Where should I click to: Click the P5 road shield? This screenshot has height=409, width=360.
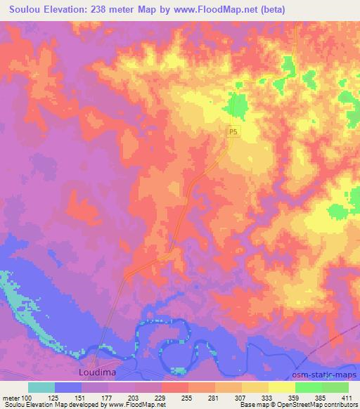[x=233, y=131]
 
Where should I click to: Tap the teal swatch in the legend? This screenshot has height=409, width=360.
[x=41, y=387]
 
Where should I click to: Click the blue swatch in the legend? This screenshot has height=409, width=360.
[x=68, y=387]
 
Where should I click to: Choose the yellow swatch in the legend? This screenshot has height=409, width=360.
[x=282, y=387]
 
